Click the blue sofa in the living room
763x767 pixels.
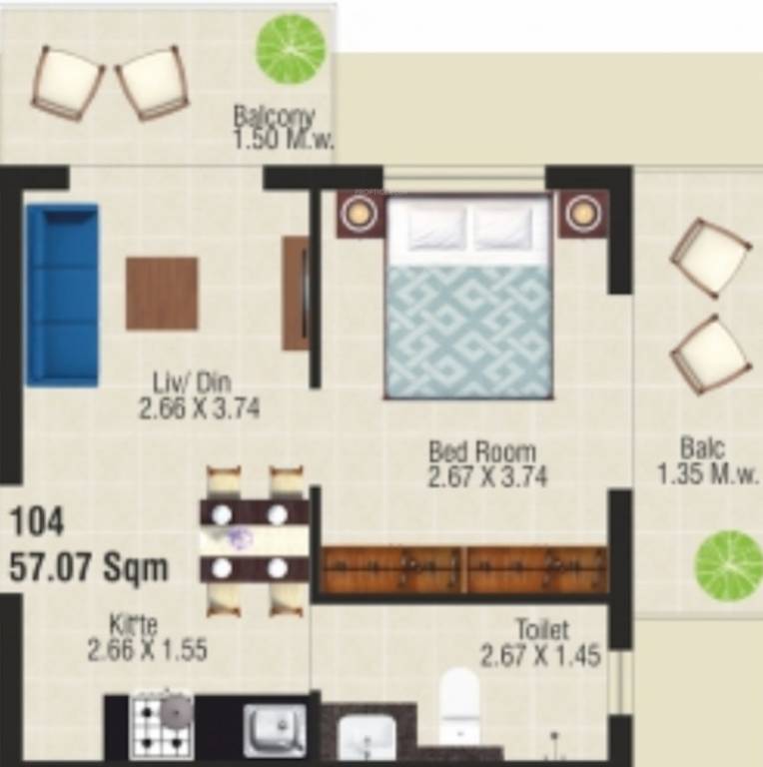(62, 295)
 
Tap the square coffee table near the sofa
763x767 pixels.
(161, 293)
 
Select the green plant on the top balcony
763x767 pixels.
(291, 47)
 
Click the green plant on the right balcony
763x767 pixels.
(728, 565)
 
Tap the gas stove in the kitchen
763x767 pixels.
(162, 724)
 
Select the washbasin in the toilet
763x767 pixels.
(367, 738)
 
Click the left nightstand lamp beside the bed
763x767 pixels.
(360, 213)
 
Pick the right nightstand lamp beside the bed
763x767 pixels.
(582, 213)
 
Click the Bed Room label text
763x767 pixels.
(482, 451)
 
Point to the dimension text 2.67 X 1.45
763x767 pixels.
(540, 656)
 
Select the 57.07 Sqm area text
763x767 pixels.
(89, 568)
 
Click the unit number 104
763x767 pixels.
(37, 521)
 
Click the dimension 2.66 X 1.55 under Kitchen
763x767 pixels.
(147, 651)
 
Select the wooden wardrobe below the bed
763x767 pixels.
(465, 570)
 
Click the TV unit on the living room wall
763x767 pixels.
(296, 293)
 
